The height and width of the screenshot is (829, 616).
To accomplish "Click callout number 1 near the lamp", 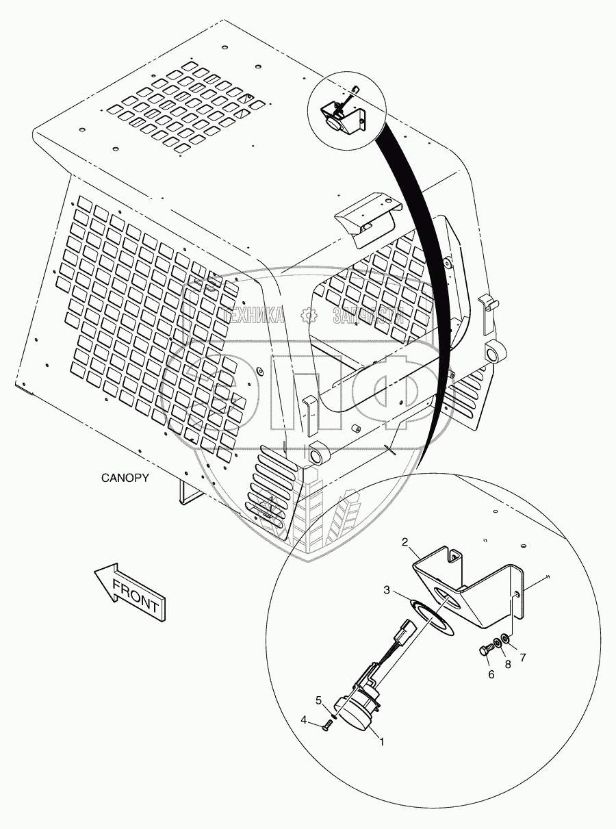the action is [382, 741].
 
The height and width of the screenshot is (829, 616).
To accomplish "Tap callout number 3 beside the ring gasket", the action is [387, 590].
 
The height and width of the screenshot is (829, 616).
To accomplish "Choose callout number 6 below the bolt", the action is [491, 674].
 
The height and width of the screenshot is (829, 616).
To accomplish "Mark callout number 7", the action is [523, 659].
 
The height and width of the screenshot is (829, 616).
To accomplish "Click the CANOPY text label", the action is [125, 478].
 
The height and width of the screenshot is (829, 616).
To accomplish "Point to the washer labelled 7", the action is [504, 639].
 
